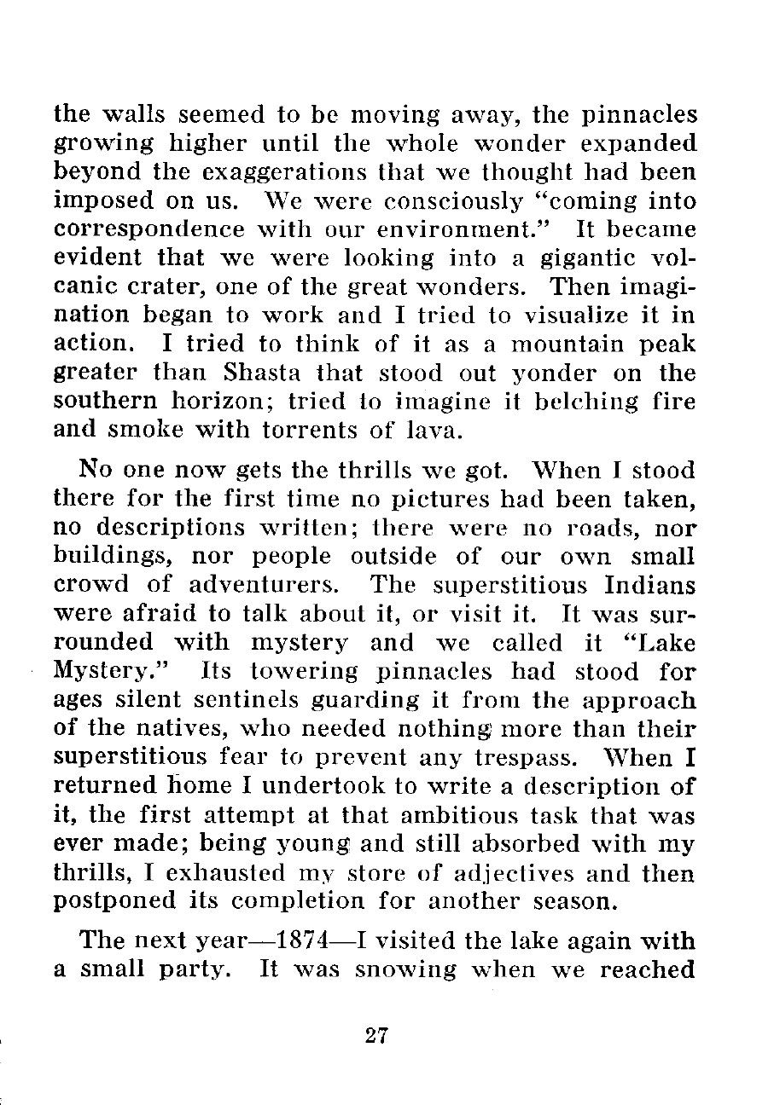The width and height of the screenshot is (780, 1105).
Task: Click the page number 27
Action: pos(376,1035)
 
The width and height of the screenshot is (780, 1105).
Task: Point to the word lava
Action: pos(439,431)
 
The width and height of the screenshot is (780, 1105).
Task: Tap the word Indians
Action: pos(649,587)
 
